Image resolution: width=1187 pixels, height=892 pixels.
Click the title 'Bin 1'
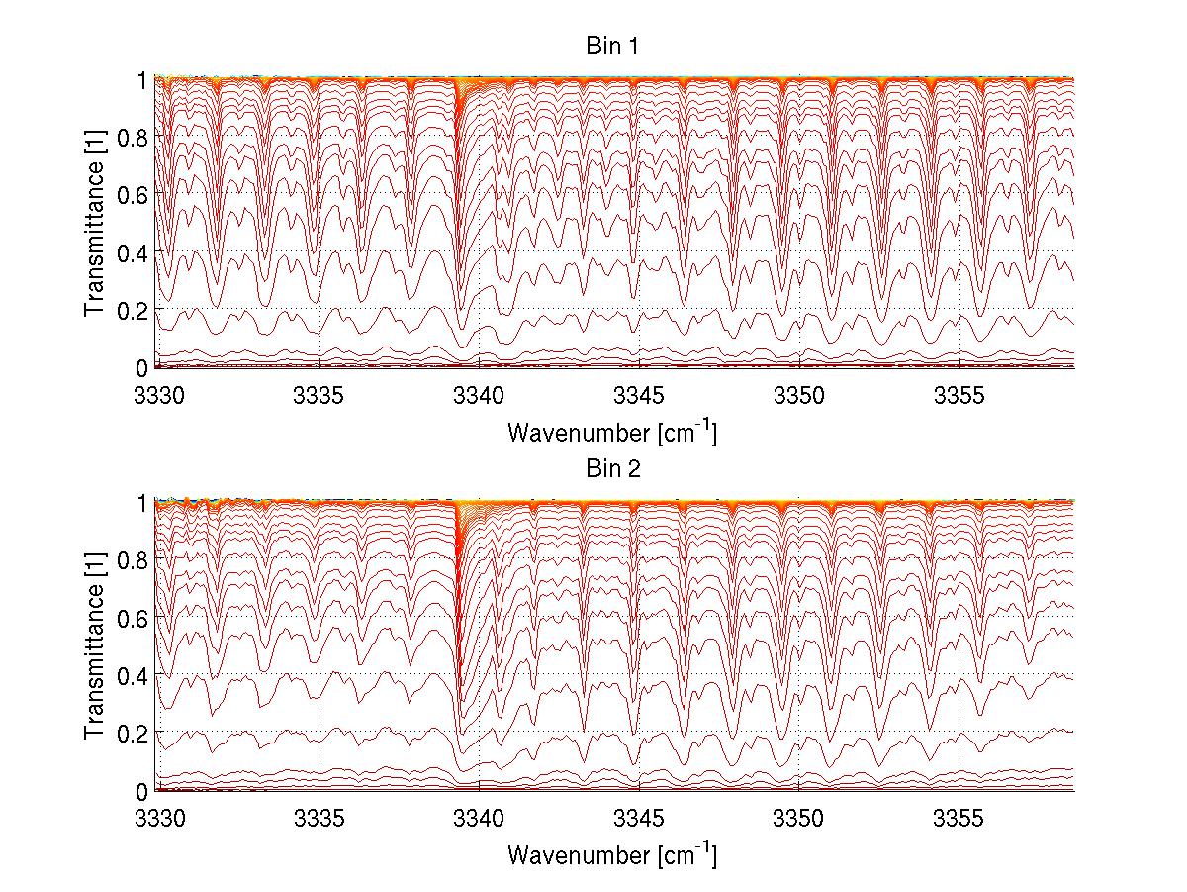pyautogui.click(x=613, y=46)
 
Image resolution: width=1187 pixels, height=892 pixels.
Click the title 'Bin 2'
pyautogui.click(x=613, y=468)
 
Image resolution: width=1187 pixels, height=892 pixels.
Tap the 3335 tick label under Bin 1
pyautogui.click(x=319, y=395)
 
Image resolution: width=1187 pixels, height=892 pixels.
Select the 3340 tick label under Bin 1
pyautogui.click(x=479, y=395)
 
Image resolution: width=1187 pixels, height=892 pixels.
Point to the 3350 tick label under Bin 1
pyautogui.click(x=799, y=395)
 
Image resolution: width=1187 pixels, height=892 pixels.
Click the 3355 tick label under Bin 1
pyautogui.click(x=959, y=395)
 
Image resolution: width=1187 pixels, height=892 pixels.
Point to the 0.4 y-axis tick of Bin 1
pyautogui.click(x=132, y=252)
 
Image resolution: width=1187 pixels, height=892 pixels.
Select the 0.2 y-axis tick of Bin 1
pyautogui.click(x=132, y=310)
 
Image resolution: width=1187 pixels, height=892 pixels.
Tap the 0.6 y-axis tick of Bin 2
pyautogui.click(x=132, y=618)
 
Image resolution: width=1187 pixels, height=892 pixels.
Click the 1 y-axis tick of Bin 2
pyautogui.click(x=141, y=503)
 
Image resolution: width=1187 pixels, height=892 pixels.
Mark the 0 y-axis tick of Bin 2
pyautogui.click(x=141, y=791)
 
